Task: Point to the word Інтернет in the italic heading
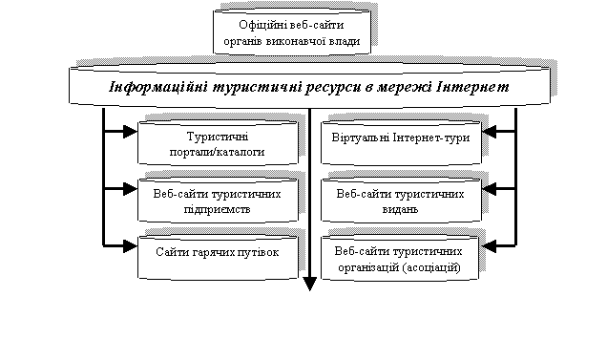click(472, 86)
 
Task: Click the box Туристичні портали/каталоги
click(218, 143)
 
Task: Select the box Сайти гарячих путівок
click(218, 257)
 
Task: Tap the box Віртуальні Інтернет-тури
click(401, 143)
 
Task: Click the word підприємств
click(218, 210)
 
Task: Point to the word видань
click(400, 210)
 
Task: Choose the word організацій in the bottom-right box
click(368, 267)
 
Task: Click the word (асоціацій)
click(431, 267)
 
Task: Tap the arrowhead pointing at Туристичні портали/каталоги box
click(131, 132)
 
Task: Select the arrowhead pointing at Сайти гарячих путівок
click(131, 245)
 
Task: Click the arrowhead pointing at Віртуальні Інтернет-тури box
click(489, 132)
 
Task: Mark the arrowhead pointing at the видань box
click(489, 189)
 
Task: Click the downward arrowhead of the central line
click(309, 284)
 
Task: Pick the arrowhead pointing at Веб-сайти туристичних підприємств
click(131, 189)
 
